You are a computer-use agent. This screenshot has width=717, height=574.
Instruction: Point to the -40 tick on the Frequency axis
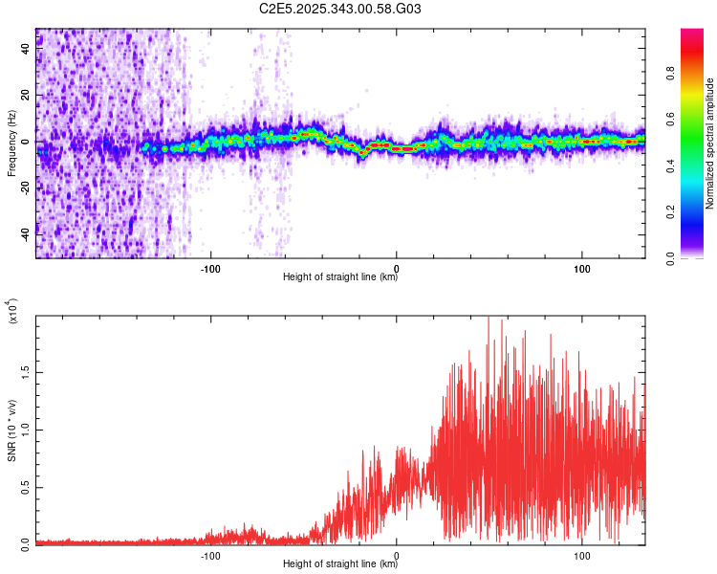[x=27, y=232]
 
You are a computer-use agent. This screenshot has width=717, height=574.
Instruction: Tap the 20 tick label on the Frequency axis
[x=27, y=95]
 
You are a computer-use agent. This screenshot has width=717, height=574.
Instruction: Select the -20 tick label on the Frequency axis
[x=27, y=187]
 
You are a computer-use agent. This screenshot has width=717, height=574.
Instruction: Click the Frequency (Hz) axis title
[x=11, y=143]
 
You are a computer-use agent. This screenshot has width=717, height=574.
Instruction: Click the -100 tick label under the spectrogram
[x=210, y=268]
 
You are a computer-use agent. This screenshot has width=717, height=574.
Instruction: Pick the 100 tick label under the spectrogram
[x=582, y=268]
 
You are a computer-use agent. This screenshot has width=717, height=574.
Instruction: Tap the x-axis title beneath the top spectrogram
[x=340, y=278]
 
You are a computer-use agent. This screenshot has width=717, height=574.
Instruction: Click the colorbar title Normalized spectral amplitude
[x=709, y=143]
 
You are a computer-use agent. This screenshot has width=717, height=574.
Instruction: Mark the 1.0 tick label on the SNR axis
[x=27, y=429]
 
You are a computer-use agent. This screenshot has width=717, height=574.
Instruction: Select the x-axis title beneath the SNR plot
[x=340, y=565]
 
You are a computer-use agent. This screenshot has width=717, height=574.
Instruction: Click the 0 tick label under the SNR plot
[x=397, y=555]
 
